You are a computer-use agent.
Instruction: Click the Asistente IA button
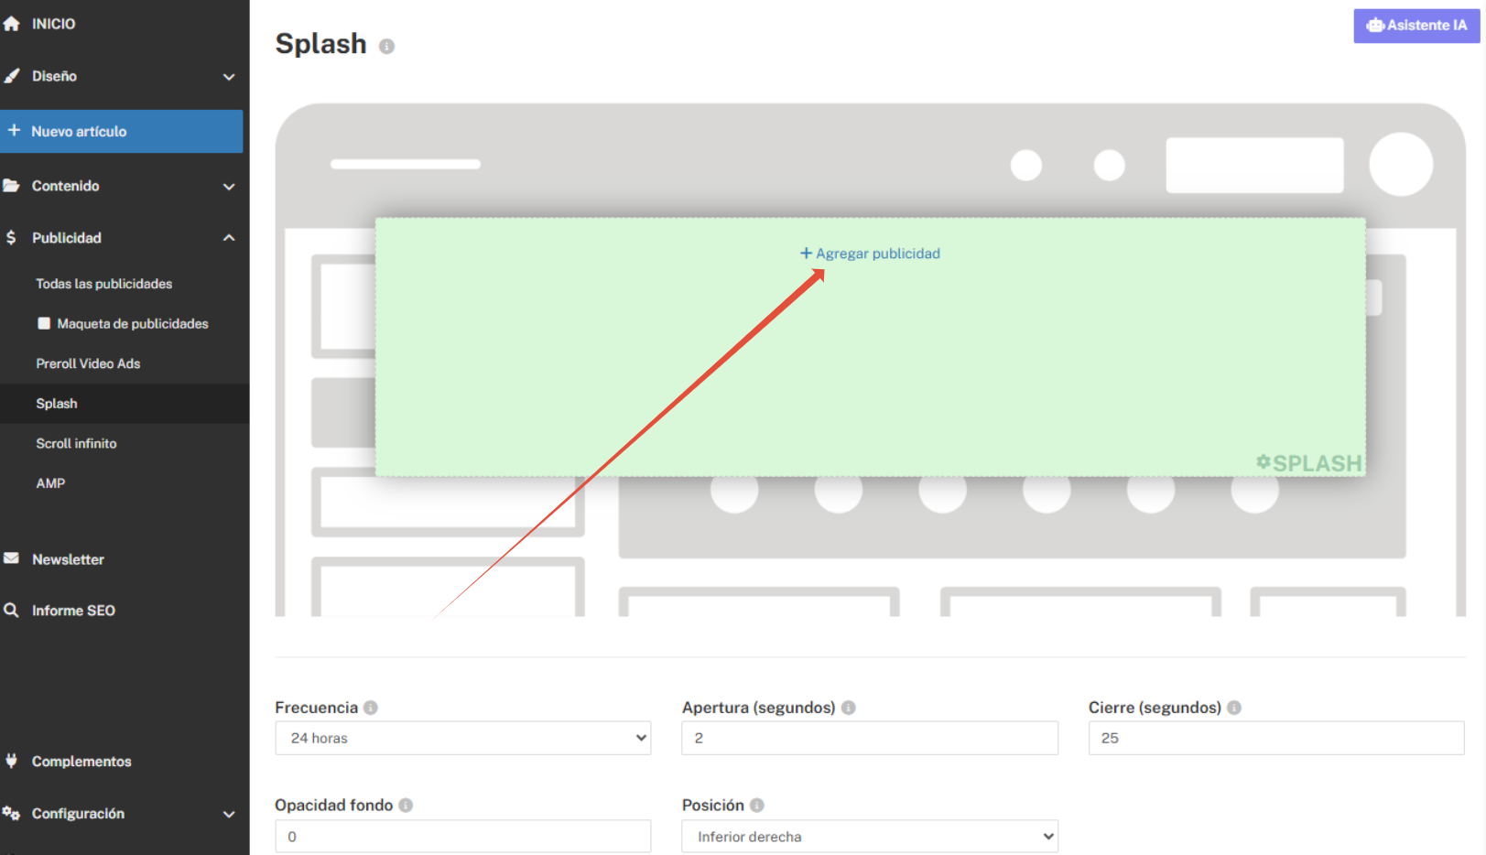1415,26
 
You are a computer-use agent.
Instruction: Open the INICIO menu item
53,24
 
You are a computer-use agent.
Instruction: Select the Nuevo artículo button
121,132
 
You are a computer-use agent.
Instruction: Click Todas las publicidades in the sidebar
103,284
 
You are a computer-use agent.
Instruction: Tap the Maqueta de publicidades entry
132,324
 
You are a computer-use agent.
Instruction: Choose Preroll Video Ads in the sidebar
88,363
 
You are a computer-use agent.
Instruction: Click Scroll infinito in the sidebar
76,443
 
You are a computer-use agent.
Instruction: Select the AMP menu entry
50,483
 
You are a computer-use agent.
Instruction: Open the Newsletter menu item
68,559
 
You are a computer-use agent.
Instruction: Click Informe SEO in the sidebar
73,611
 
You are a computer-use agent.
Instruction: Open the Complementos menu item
81,762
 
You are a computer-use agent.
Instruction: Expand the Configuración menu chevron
229,814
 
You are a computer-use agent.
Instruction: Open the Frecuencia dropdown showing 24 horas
462,738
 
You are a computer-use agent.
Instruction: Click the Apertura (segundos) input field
869,738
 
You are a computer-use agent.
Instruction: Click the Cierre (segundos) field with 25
1275,738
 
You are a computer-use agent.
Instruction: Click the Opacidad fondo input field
462,836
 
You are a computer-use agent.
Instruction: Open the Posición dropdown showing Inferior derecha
869,836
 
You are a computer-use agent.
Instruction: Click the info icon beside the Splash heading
387,46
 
